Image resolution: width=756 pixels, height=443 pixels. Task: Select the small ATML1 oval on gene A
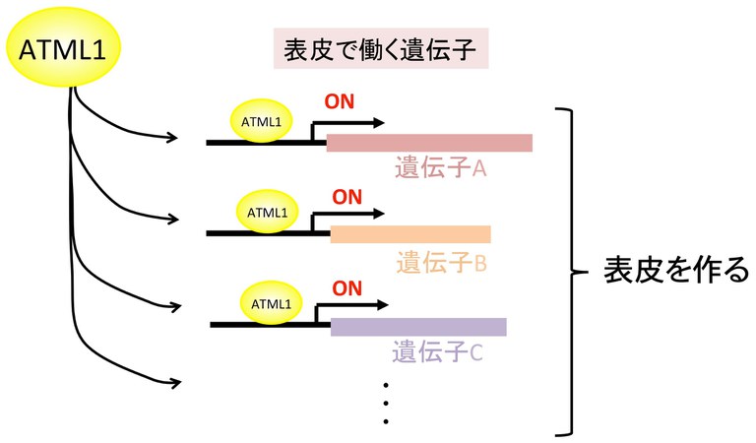[262, 121]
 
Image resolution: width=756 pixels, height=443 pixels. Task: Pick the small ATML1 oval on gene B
[268, 212]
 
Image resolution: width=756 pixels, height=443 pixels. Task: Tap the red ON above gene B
[346, 194]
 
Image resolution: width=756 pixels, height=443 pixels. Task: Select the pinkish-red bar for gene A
[429, 144]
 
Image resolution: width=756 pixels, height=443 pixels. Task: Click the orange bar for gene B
[410, 234]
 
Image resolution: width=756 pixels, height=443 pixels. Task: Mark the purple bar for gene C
[418, 327]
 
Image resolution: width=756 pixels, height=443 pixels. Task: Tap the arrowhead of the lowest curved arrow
[178, 381]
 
